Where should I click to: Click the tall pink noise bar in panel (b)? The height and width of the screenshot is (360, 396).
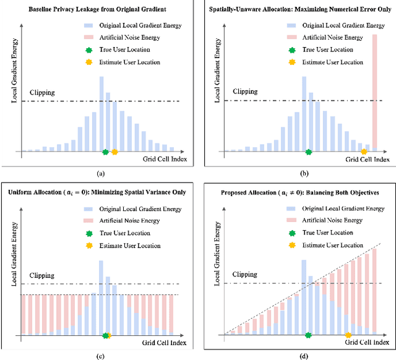(374, 93)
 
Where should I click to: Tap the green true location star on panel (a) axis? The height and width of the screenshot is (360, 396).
(106, 152)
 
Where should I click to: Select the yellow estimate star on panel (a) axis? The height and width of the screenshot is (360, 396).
(114, 152)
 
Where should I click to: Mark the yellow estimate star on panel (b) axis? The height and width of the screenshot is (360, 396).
(364, 152)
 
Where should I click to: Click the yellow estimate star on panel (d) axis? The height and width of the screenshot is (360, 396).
(348, 334)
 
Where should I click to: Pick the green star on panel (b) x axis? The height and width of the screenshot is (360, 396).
(309, 152)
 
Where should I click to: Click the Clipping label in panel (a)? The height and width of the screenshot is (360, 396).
(38, 93)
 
